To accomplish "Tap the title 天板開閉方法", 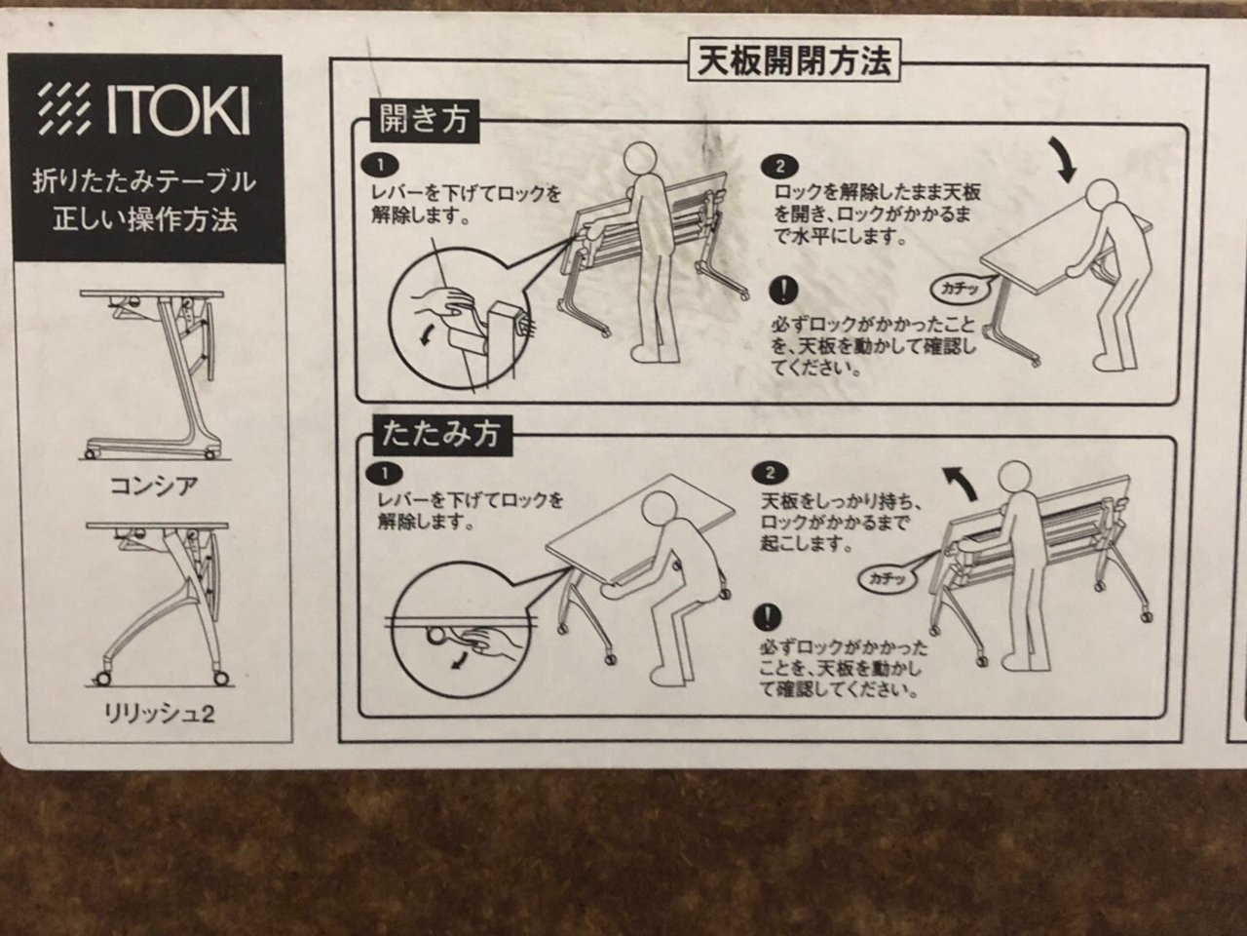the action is (x=794, y=60).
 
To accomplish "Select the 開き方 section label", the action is (x=424, y=121).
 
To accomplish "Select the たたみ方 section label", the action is (x=441, y=435).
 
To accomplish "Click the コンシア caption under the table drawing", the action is (x=153, y=486).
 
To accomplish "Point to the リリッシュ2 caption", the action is (x=159, y=715).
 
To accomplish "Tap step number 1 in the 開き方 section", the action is (x=380, y=166).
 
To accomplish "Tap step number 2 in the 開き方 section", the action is (x=780, y=166).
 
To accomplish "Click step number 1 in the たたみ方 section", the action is (x=384, y=474).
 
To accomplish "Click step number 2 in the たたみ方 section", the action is (x=770, y=473).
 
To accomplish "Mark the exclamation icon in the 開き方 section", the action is (x=783, y=291).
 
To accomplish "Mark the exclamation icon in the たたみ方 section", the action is (x=768, y=618).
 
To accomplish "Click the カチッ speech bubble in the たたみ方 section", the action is (x=888, y=578).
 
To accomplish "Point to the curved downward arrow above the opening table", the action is (x=1059, y=158).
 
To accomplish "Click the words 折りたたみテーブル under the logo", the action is (x=144, y=183).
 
